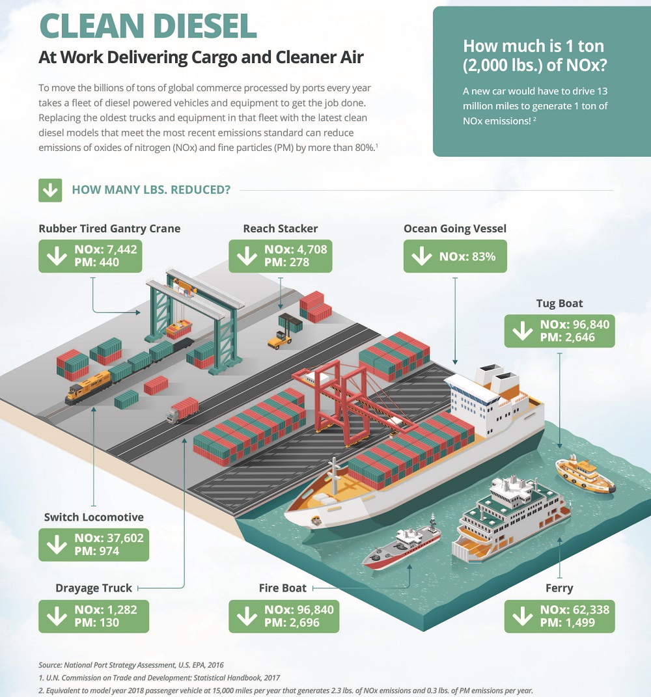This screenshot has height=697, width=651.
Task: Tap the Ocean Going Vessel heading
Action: pyautogui.click(x=454, y=228)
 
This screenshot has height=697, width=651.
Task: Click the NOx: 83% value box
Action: pyautogui.click(x=454, y=256)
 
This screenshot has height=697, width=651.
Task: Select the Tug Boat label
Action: pyautogui.click(x=559, y=303)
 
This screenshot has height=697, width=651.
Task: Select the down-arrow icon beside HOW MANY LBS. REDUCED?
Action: pyautogui.click(x=50, y=190)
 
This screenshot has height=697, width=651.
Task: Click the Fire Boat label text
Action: pyautogui.click(x=283, y=588)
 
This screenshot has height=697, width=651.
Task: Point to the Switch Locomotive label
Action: pyautogui.click(x=94, y=517)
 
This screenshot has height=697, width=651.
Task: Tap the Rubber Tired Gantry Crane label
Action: pyautogui.click(x=109, y=228)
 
